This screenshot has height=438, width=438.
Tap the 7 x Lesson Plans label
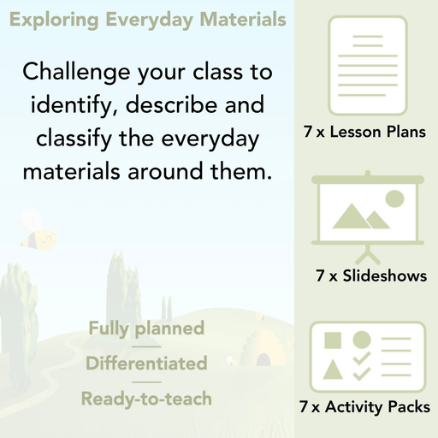(x=364, y=133)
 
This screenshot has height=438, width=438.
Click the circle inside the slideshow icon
(x=394, y=199)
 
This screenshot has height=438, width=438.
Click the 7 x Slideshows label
(x=371, y=276)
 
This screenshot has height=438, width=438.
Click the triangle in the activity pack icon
(x=333, y=370)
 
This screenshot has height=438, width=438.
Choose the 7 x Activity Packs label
(x=364, y=408)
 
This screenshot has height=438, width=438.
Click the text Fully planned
(x=145, y=328)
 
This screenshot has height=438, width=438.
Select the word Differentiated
(x=146, y=364)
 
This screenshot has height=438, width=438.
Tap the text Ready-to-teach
(x=146, y=399)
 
